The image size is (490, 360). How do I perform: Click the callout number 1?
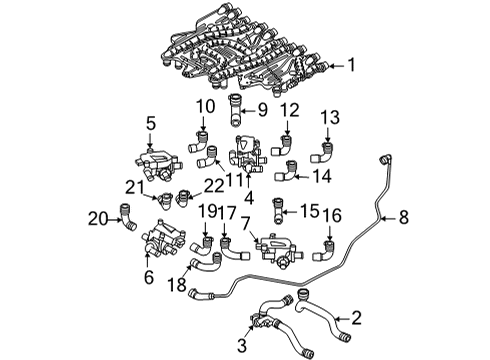(352, 65)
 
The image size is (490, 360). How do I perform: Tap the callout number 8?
(404, 217)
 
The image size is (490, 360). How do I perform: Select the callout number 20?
(98, 219)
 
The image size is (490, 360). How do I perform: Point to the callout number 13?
(330, 118)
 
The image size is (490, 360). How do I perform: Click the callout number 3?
(242, 345)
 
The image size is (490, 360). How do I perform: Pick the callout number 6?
(149, 277)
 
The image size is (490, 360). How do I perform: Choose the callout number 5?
(151, 124)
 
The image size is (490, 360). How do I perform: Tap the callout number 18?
(177, 285)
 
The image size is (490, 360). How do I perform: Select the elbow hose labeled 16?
(325, 251)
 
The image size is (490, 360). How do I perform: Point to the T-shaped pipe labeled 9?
(235, 110)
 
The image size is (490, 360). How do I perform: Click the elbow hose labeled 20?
(127, 217)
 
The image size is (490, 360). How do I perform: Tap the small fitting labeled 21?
(165, 201)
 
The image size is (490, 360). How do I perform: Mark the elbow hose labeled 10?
(199, 142)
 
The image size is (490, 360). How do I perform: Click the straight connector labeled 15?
(277, 211)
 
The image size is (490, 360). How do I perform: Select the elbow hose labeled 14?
(287, 171)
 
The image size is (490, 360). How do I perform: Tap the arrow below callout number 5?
(150, 140)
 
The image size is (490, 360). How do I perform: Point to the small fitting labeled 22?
(183, 198)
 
